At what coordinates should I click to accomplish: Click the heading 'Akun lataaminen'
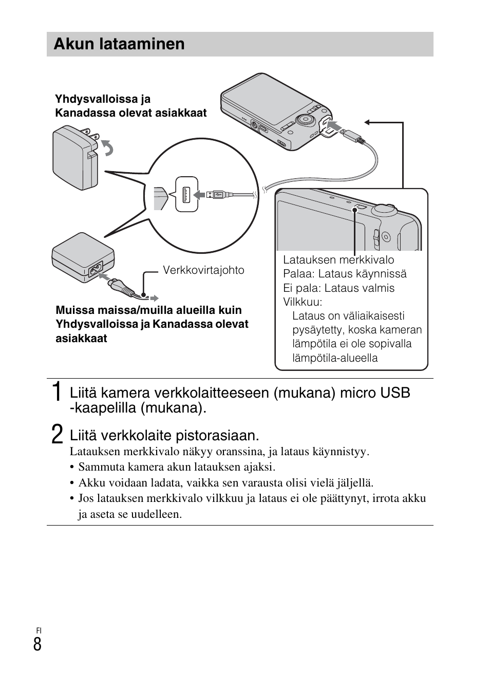point(119,44)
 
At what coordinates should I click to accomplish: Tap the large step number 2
point(58,434)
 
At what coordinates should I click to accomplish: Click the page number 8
point(37,644)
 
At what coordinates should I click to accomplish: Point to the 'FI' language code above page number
point(39,630)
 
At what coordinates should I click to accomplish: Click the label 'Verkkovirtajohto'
point(203,270)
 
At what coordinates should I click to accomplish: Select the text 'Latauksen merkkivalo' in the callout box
point(338,260)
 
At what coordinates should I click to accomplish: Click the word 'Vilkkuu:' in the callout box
point(303,302)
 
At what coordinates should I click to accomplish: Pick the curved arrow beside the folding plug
point(107,147)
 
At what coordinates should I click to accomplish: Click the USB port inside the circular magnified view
point(186,194)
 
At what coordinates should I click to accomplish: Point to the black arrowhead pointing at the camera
point(367,122)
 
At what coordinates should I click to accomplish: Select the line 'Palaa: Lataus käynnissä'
point(345,274)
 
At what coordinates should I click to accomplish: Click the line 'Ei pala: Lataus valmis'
point(338,288)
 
